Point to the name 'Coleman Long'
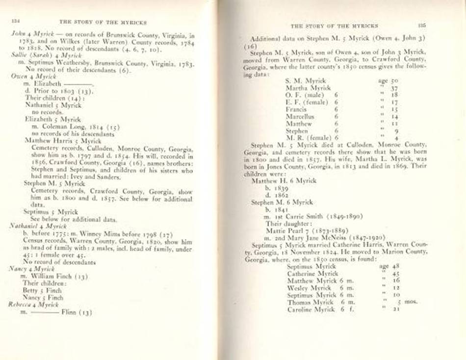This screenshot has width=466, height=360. [x=57, y=127]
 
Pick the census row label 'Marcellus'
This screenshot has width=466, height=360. [x=300, y=117]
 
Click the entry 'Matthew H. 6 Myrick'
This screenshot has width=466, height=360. [x=284, y=180]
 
